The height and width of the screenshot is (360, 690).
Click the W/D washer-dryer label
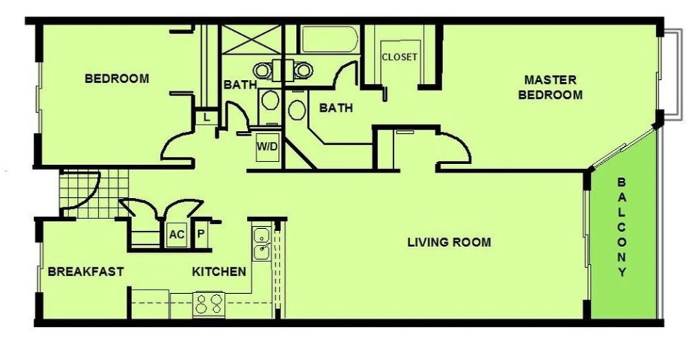point(267,146)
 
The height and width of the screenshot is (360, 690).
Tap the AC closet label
point(176,234)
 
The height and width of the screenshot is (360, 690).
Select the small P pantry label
point(201,234)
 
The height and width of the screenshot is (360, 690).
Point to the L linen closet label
point(207,117)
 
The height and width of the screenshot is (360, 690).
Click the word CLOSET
point(399,57)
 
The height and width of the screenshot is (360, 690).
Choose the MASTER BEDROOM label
point(550,87)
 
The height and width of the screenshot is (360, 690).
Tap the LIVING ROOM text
point(449,242)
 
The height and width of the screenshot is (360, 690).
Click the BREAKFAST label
point(86,271)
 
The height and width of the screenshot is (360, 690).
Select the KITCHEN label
point(219,271)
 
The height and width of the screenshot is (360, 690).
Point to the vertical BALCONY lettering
point(622,227)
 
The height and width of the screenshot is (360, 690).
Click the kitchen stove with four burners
point(209,304)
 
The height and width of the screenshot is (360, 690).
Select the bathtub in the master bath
point(328,40)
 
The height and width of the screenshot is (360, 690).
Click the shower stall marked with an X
point(251,39)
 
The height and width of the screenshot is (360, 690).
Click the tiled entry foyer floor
point(94,194)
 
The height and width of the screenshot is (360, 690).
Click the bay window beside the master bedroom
point(671,73)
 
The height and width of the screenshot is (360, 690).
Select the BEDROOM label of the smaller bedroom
point(117,78)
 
